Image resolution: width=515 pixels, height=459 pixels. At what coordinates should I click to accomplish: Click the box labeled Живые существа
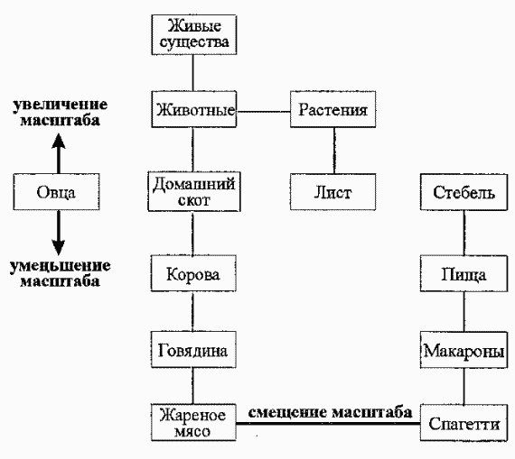pos(192,32)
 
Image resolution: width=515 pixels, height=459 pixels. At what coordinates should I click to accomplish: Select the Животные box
pos(192,112)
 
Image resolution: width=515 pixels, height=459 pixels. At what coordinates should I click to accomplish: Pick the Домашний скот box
pos(192,192)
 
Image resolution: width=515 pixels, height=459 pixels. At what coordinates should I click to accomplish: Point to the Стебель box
pos(463,192)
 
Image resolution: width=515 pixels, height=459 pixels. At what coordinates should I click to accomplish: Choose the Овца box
pos(56,192)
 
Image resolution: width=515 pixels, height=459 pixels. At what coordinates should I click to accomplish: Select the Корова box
pos(192,271)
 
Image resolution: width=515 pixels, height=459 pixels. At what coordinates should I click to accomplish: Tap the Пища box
pos(463,271)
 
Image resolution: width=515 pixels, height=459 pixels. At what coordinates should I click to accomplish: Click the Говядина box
pos(192,349)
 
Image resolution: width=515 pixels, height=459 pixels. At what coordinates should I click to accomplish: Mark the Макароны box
pos(463,349)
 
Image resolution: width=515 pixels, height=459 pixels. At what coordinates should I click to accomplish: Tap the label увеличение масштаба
pos(56,113)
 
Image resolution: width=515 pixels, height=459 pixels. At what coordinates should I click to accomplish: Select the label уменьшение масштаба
pos(56,272)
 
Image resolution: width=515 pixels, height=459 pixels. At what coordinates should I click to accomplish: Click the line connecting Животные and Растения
pos(263,112)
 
